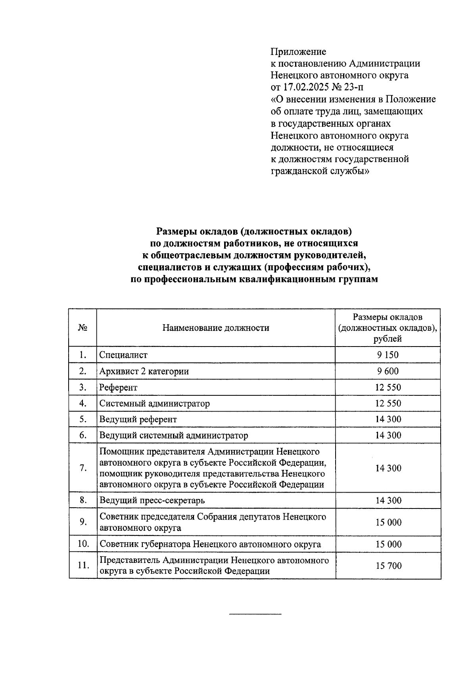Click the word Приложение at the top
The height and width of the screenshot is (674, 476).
[298, 52]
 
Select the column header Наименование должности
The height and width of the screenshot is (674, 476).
[215, 328]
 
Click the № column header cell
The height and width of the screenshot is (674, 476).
[83, 328]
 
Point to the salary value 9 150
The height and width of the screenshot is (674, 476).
[388, 355]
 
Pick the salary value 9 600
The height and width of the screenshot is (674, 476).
[388, 371]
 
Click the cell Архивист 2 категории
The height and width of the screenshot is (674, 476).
[144, 372]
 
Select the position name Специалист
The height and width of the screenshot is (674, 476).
[123, 355]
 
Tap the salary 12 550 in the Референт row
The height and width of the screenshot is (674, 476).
[388, 387]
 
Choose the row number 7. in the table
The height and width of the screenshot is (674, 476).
[83, 468]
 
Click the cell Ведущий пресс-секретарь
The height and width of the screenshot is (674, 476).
[152, 500]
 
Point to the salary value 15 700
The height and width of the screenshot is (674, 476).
[388, 566]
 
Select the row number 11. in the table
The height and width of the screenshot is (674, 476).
[83, 566]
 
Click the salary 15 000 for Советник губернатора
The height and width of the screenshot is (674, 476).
[388, 544]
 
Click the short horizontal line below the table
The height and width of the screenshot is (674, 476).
[255, 614]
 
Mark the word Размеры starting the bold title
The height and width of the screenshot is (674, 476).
[176, 231]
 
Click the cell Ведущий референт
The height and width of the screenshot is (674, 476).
[138, 419]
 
